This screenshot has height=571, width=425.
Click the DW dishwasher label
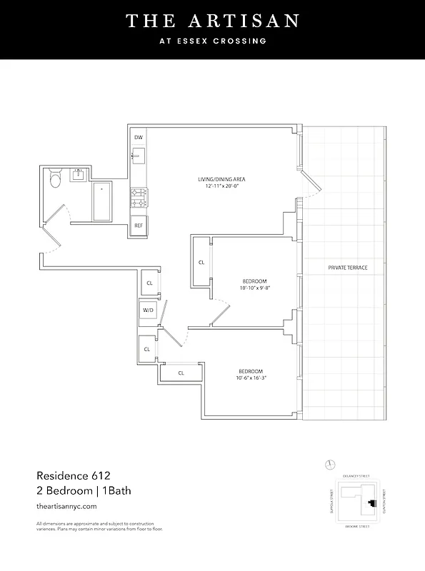(x=139, y=137)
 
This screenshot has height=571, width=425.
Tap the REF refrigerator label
(x=139, y=226)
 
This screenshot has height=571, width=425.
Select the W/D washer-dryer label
(x=148, y=310)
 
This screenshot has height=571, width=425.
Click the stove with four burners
(x=139, y=197)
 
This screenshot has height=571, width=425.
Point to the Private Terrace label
(x=348, y=267)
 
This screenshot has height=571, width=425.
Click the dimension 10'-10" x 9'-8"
(x=254, y=288)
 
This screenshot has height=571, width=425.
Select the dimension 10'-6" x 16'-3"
(x=251, y=378)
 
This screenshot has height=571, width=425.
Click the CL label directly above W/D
(x=149, y=283)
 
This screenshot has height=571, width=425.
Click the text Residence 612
(x=73, y=474)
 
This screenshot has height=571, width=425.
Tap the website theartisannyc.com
(x=66, y=506)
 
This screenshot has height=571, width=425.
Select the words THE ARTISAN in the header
(x=212, y=21)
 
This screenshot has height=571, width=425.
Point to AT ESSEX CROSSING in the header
(x=212, y=41)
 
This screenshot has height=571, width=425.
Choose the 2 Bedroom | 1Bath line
(x=84, y=490)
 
